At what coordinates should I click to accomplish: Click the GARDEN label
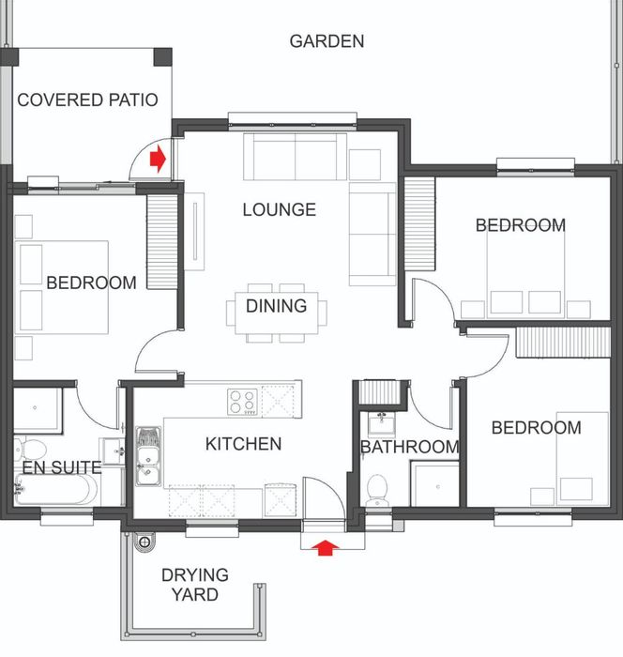pyautogui.click(x=327, y=41)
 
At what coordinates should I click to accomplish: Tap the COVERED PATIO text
pyautogui.click(x=87, y=99)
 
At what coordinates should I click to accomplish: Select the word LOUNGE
pyautogui.click(x=280, y=209)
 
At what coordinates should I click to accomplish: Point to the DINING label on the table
pyautogui.click(x=277, y=306)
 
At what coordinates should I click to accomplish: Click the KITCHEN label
pyautogui.click(x=243, y=444)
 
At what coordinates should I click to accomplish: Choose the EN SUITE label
pyautogui.click(x=62, y=467)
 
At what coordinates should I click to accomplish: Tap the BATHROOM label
pyautogui.click(x=410, y=447)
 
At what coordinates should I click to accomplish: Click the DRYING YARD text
pyautogui.click(x=195, y=585)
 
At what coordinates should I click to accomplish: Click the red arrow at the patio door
pyautogui.click(x=158, y=159)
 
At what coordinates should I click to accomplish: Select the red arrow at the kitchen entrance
pyautogui.click(x=326, y=547)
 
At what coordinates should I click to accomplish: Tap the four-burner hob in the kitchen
pyautogui.click(x=243, y=403)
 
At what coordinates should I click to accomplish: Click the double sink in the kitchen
pyautogui.click(x=148, y=456)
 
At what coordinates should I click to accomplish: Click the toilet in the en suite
pyautogui.click(x=30, y=449)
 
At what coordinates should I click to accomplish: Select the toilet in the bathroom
pyautogui.click(x=377, y=490)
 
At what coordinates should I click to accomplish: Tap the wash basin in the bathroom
pyautogui.click(x=382, y=424)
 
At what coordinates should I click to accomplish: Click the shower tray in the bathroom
pyautogui.click(x=435, y=484)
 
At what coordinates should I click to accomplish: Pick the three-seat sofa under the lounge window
pyautogui.click(x=295, y=157)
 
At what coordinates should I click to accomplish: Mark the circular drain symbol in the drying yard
pyautogui.click(x=144, y=542)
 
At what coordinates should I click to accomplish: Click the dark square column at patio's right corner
pyautogui.click(x=163, y=57)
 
